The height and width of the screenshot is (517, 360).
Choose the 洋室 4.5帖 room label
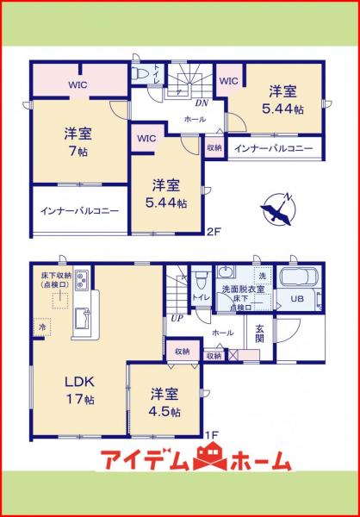pos(163,402)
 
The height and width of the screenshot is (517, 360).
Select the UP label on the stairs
pos(177,319)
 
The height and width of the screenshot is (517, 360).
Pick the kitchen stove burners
pos(81,280)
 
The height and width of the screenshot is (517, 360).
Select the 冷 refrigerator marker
pos(40,327)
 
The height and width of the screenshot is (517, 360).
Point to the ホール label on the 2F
pos(194,119)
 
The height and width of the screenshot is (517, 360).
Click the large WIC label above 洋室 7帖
pos(78,85)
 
